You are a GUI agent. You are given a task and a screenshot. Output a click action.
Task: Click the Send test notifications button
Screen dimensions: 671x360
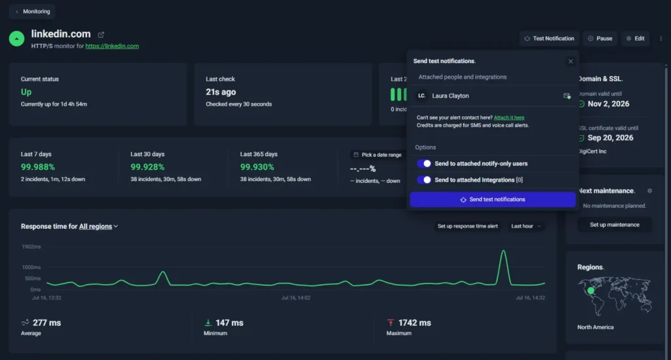[493, 199]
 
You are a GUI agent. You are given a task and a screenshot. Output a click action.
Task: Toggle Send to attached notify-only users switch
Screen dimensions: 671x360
[424, 163]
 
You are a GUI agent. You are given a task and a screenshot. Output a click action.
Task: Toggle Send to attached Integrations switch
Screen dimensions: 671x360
[424, 180]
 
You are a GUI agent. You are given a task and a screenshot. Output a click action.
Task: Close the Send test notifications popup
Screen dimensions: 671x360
[571, 61]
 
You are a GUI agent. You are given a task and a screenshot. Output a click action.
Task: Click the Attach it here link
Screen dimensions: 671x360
[508, 118]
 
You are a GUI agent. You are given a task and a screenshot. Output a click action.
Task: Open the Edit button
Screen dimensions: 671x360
[636, 39]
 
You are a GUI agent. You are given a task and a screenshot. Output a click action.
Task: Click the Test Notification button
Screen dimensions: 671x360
[550, 39]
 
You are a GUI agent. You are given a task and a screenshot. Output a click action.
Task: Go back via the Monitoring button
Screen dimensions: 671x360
[33, 12]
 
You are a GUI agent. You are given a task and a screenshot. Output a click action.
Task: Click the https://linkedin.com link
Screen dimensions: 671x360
[112, 47]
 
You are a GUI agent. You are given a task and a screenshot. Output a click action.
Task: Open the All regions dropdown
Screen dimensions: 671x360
[98, 226]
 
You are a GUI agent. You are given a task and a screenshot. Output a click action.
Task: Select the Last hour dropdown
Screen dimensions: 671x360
[526, 226]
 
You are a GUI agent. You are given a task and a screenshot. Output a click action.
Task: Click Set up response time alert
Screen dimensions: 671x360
[467, 226]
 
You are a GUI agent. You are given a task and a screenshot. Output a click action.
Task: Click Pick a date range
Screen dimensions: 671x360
[377, 155]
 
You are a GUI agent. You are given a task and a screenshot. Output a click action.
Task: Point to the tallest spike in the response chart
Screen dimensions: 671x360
[503, 251]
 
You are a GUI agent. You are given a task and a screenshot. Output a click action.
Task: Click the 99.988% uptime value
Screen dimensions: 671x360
[37, 167]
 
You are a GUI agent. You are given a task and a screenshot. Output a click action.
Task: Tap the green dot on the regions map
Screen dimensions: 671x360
[591, 290]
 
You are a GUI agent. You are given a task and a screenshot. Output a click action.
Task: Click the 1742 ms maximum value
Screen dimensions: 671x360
[415, 323]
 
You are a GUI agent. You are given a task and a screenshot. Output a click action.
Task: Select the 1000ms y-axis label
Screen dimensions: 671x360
[31, 267]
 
